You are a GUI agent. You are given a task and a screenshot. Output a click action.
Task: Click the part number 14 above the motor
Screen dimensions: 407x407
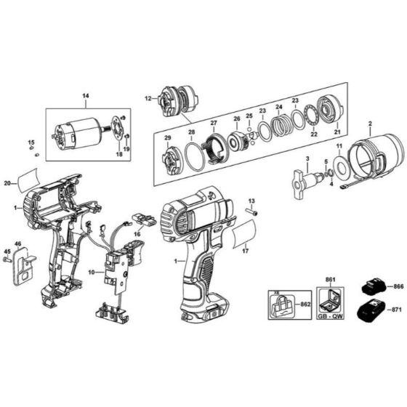85,97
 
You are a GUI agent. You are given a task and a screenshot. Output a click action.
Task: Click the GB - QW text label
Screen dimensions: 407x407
331,317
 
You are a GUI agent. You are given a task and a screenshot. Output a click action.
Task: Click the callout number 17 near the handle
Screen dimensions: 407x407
246,252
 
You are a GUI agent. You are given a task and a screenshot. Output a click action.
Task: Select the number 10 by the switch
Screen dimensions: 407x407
91,273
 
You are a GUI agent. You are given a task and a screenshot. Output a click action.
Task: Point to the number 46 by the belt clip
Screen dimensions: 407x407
18,243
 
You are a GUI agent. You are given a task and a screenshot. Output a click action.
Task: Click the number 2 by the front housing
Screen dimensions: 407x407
370,124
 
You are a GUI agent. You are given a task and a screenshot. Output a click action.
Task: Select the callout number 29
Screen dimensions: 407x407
167,137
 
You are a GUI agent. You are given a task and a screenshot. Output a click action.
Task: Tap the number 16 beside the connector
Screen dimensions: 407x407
136,234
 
